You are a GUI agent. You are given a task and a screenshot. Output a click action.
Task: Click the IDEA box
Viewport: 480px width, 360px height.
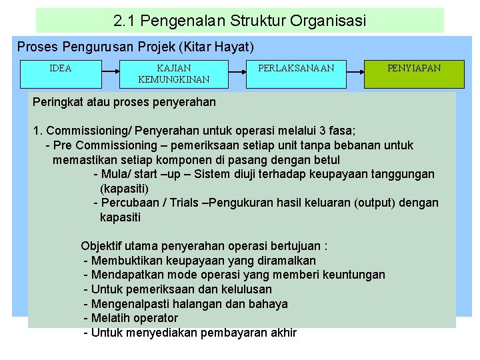(61, 73)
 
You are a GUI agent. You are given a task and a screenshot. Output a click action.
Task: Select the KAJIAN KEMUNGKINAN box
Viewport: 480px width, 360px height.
(173, 74)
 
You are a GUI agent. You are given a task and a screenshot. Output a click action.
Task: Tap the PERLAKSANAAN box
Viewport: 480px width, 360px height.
(296, 73)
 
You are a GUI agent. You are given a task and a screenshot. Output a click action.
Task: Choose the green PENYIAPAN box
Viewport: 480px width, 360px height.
(414, 73)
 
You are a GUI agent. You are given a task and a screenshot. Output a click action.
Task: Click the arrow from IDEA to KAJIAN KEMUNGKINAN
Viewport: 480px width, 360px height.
(110, 68)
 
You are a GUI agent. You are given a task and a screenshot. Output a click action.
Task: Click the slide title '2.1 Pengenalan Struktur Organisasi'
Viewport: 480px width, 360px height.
(240, 21)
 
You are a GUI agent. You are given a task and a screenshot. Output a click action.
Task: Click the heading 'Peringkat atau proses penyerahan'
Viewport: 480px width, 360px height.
(125, 102)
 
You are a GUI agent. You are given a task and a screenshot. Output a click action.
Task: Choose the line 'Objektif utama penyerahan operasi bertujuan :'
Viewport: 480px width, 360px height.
(204, 246)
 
